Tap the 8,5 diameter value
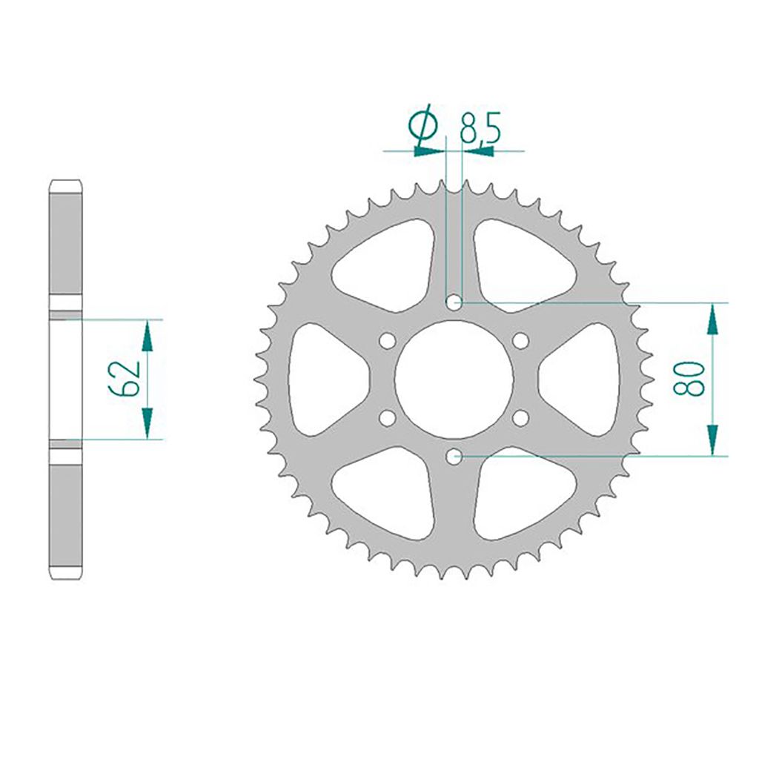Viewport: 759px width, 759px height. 480,128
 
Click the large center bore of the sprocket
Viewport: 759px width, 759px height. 454,379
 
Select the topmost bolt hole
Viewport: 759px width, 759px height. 454,303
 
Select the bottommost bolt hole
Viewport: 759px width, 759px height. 454,456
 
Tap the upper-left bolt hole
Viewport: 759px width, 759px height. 387,341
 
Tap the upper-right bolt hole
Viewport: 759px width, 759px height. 520,341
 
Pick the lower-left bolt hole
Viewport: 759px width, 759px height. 387,418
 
